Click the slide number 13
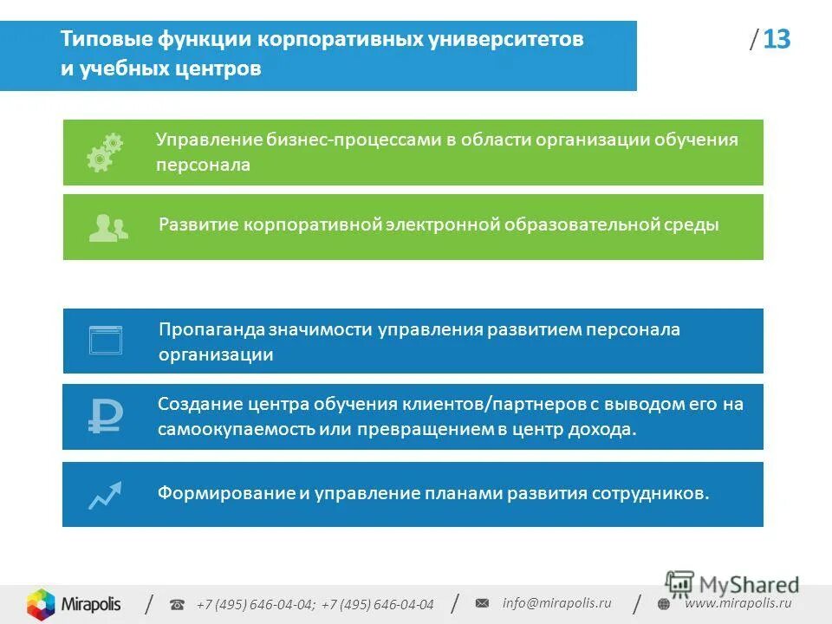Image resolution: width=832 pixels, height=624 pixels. [777, 40]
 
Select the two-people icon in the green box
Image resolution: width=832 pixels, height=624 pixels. [107, 227]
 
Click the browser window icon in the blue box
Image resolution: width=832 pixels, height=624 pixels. [106, 340]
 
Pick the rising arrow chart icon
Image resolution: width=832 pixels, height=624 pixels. [105, 494]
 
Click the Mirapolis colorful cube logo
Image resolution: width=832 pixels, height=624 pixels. [41, 603]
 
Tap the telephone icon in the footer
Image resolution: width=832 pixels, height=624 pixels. [177, 605]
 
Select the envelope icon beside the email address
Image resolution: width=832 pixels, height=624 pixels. [483, 603]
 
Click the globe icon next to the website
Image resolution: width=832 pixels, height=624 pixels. [664, 604]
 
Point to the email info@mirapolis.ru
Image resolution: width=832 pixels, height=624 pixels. [556, 603]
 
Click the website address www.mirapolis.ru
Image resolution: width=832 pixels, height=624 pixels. [738, 603]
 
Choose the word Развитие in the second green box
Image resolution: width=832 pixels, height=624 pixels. [198, 224]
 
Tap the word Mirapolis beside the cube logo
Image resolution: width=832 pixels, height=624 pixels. [91, 603]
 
